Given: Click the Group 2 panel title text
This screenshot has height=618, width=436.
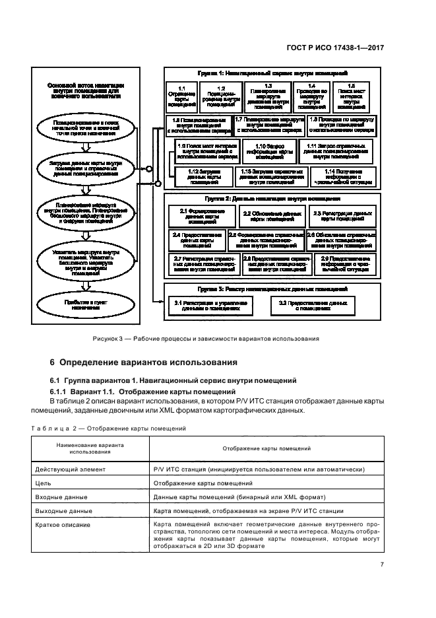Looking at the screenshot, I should (x=272, y=198).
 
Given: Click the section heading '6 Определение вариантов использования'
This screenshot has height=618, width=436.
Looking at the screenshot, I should (x=144, y=363).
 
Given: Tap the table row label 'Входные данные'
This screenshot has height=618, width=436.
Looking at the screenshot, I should (x=61, y=497).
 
